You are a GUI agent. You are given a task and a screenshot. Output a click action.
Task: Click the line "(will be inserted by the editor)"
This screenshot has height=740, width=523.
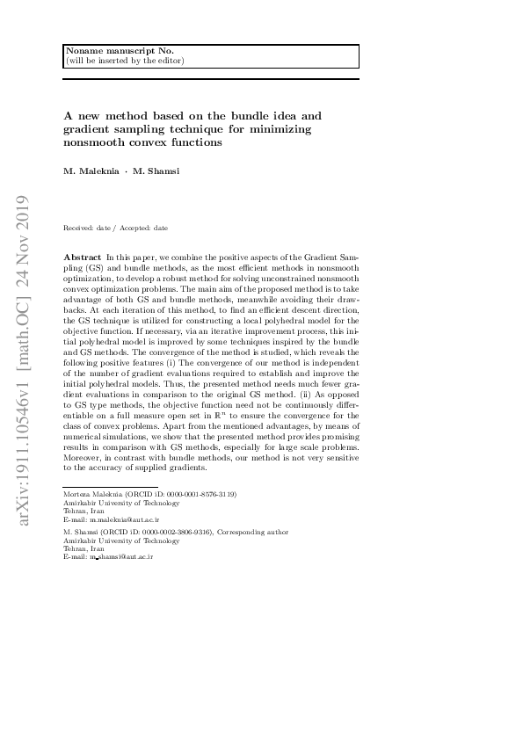(125, 62)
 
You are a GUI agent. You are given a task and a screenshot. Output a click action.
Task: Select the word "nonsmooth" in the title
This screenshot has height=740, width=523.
(94, 141)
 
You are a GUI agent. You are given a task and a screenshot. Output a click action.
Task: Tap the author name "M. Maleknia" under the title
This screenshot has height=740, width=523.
(91, 170)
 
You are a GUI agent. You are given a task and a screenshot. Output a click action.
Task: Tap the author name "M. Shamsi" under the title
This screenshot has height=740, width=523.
(156, 170)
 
